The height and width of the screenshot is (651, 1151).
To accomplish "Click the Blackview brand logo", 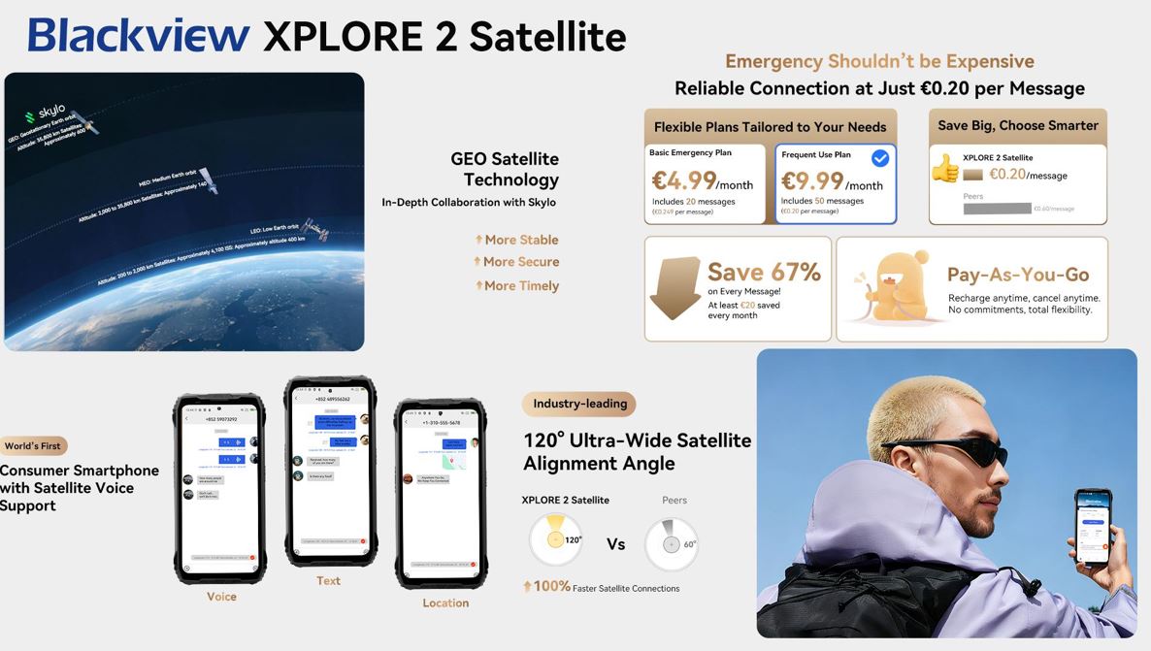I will coord(139,35).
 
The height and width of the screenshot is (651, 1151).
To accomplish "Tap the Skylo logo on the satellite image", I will coord(46,114).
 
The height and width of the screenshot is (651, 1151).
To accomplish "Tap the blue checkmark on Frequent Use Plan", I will coord(880,158).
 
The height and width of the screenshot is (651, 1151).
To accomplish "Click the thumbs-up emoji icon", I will coord(944,168).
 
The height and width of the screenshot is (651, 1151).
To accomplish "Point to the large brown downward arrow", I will coord(675,288).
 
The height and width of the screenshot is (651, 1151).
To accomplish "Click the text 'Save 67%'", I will coord(764,273).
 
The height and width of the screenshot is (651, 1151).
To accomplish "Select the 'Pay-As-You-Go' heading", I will coord(1018,275).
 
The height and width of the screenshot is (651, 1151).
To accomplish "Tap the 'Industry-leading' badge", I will coord(578,404).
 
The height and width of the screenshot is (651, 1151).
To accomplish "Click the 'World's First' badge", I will coord(33,446).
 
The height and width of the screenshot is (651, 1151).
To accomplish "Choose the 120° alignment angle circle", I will coord(556,539).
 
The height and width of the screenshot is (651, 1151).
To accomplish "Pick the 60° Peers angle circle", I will coord(671,543).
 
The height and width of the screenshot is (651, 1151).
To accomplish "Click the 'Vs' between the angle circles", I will coord(616,544).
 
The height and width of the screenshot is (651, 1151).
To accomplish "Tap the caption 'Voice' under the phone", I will coord(221,597).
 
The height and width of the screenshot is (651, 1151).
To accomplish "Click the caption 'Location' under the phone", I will coord(445,602).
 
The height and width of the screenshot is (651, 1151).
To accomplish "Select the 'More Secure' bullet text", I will coord(521,262).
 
